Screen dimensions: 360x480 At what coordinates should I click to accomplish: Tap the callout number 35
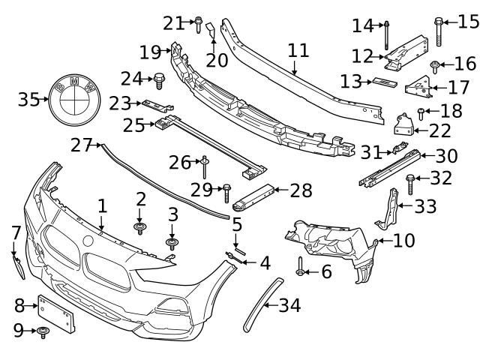tap(28, 99)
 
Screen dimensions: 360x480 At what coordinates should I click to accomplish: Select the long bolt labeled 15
tap(438, 29)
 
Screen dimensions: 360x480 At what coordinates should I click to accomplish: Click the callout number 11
tap(298, 51)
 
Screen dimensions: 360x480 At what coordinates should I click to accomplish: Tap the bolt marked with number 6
tap(301, 267)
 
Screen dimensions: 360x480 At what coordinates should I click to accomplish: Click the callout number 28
tap(301, 191)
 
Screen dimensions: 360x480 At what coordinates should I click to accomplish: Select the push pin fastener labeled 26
tap(204, 164)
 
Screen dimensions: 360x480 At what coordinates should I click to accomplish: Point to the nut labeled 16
tap(436, 67)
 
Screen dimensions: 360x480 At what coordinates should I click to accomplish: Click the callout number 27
tap(81, 145)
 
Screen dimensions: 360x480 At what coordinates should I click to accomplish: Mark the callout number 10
tap(403, 241)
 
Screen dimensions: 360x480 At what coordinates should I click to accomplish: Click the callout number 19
tap(150, 52)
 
